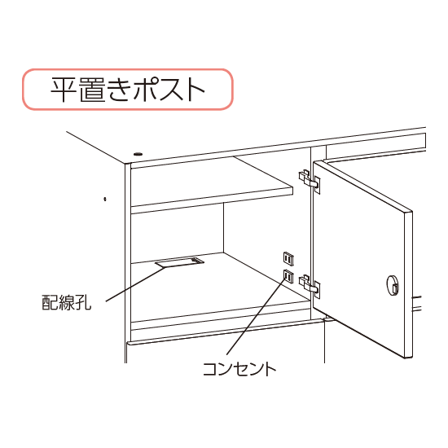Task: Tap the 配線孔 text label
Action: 67,304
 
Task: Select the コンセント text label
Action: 239,369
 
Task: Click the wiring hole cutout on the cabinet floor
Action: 179,263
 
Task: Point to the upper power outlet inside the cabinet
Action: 287,258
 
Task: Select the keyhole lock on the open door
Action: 392,286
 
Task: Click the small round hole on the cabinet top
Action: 137,153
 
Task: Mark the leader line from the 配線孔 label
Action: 130,285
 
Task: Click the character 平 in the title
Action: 64,90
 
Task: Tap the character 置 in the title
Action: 96,90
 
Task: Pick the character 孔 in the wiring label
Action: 84,304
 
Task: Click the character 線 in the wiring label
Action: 67,304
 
